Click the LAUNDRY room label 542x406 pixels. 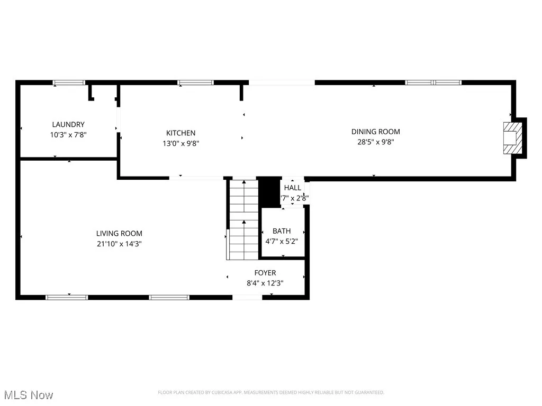coord(68,125)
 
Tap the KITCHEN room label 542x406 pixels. coord(181,133)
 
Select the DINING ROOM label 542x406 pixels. coord(376,132)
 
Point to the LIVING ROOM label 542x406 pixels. coord(119,233)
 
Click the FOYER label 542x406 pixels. coord(265,273)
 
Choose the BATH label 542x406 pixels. coord(282,231)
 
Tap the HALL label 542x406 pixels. coord(293,188)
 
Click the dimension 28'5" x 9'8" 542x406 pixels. coord(376,142)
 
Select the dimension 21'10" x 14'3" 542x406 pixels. coord(119,244)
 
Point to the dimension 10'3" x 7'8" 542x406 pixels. coord(68,135)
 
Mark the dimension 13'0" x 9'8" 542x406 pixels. coord(181,143)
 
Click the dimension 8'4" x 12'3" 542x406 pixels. coord(265,283)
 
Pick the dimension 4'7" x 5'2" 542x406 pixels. coord(282,241)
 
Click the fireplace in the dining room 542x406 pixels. coord(512,137)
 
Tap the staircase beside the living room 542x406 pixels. coord(243,219)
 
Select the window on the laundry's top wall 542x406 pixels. coord(69,82)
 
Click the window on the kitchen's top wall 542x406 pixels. coord(195,82)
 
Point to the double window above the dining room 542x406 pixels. coord(433,82)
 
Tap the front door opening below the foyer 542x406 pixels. coord(247,297)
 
